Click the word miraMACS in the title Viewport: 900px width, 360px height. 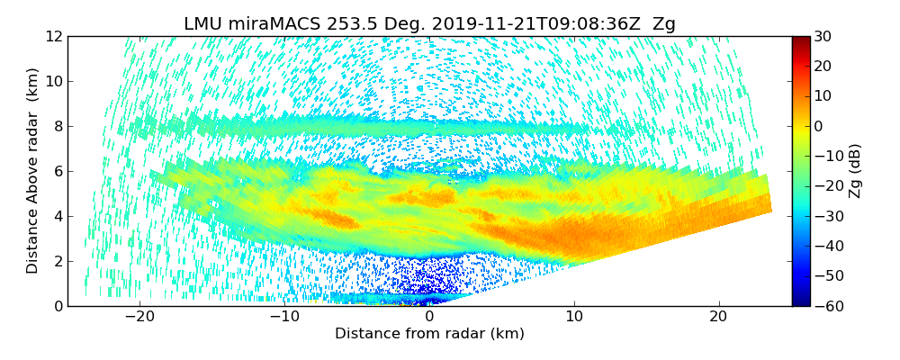click(x=269, y=24)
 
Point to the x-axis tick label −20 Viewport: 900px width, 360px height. click(x=139, y=317)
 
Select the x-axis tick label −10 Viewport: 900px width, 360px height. click(x=284, y=317)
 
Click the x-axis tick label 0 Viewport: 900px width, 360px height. click(x=429, y=317)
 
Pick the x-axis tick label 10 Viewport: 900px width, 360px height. click(x=574, y=317)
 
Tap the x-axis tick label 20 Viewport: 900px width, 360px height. click(x=718, y=317)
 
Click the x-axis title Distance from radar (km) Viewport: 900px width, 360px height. click(x=429, y=334)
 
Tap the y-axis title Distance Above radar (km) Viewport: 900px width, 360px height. click(x=32, y=171)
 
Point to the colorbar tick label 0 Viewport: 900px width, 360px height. click(x=819, y=126)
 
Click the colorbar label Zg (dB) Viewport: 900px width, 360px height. click(x=856, y=171)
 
